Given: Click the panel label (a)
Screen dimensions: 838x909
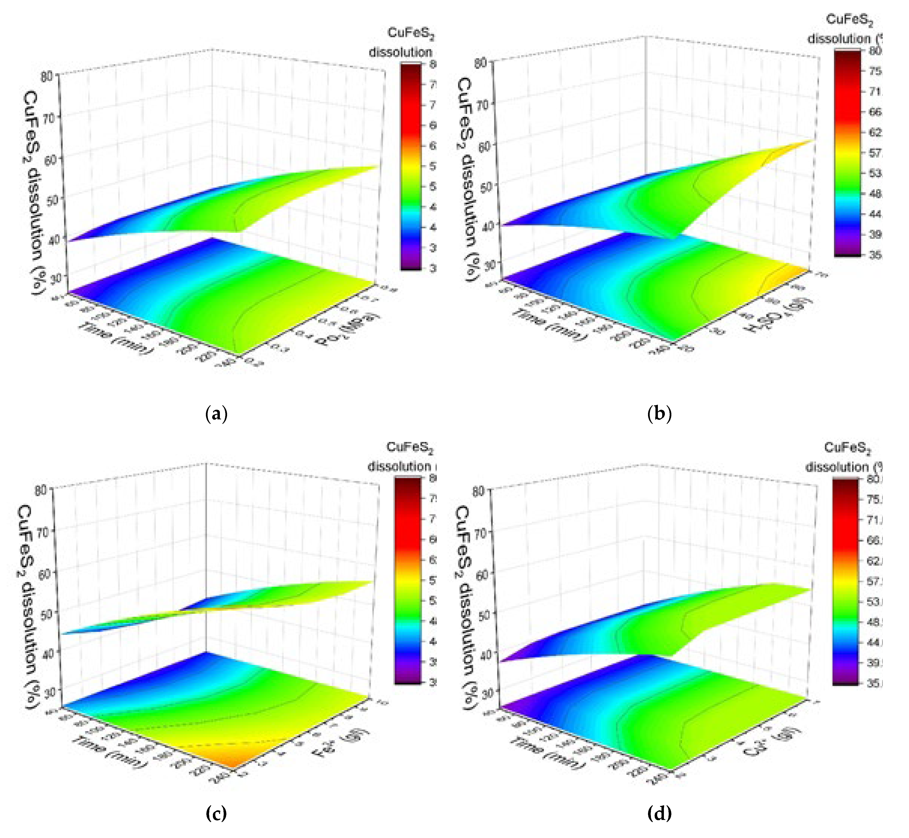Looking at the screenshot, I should pyautogui.click(x=216, y=414).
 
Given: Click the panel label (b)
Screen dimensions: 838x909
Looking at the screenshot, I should pyautogui.click(x=659, y=414).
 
